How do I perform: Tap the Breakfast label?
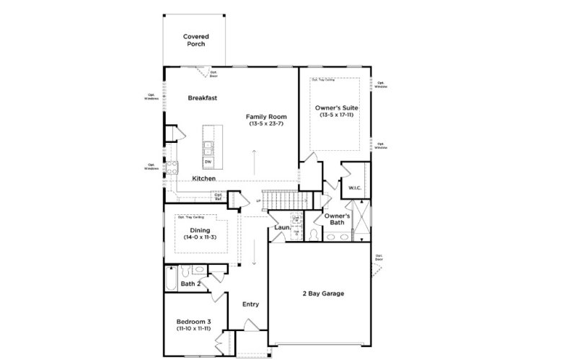(x=203, y=98)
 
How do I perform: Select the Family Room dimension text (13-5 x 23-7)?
(x=266, y=124)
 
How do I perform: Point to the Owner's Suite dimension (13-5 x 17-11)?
(x=337, y=115)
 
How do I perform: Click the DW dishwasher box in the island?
(x=208, y=162)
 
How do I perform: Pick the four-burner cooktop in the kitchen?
(x=172, y=167)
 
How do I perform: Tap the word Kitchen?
(x=204, y=178)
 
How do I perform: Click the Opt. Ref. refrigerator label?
(x=217, y=195)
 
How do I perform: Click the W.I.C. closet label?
(x=354, y=188)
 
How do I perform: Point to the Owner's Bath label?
(x=337, y=219)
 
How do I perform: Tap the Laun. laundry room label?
(x=282, y=228)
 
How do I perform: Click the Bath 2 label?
(x=190, y=284)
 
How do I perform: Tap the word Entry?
(x=250, y=304)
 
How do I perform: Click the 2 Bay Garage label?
(x=322, y=294)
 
